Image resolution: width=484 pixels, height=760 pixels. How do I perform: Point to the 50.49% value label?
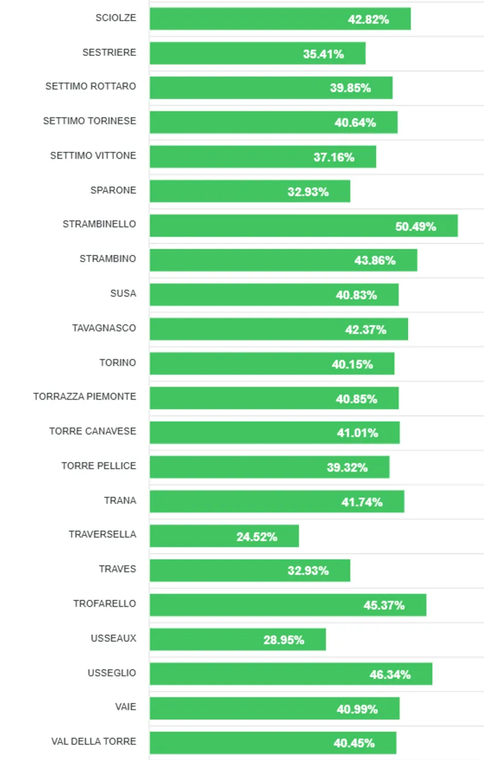coord(416,226)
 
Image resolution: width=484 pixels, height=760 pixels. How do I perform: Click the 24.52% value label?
coord(257,537)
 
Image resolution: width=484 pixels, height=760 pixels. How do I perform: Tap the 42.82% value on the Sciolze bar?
coord(368,19)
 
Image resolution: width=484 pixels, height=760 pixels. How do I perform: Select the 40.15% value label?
coord(352,365)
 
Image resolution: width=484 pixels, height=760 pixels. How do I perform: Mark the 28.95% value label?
coord(284,639)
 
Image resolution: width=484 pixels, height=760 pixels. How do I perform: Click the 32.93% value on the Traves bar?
coord(308,570)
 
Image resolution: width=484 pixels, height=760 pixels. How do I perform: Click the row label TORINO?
coord(118,363)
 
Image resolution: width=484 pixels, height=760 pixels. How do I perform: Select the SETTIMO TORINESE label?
coord(90,121)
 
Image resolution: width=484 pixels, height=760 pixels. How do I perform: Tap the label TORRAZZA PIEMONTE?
coord(85,397)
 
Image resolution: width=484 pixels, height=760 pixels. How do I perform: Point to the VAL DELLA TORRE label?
coord(94,741)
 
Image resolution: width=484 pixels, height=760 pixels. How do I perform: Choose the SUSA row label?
coord(123,294)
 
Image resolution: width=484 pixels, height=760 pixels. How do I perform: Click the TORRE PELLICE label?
coord(99,466)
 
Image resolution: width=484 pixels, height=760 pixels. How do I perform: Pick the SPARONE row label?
coord(113,190)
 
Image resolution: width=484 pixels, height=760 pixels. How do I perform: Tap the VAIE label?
coord(125,707)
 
